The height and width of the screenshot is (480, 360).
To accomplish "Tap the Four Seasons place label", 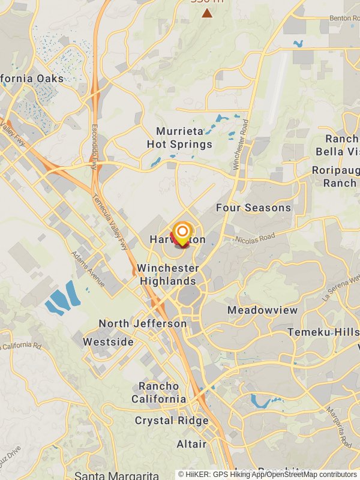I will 253,208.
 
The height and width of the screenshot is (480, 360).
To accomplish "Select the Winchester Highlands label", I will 168,274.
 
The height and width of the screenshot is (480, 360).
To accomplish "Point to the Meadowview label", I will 262,310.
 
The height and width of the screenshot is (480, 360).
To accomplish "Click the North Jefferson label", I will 143,323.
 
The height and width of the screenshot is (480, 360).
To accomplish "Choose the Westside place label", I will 108,341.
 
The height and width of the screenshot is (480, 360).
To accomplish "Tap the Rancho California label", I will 158,392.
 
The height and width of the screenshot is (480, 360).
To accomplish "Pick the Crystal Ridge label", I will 172,421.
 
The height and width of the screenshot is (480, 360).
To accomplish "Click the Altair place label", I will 191,444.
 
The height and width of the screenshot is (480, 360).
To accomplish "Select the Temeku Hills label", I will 323,332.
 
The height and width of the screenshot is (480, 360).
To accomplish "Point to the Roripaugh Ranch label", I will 335,176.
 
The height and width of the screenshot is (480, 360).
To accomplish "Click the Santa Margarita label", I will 116,475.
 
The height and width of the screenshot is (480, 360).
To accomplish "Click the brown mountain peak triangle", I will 207,13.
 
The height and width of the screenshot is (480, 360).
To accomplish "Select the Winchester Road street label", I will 241,143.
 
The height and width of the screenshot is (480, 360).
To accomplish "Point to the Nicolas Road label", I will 255,238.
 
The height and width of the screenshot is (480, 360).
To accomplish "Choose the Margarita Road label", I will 338,427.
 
